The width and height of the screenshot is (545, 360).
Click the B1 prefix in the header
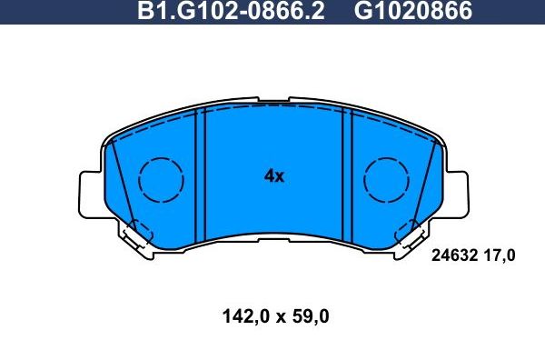(x=147, y=11)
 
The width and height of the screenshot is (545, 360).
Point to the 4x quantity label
(x=273, y=176)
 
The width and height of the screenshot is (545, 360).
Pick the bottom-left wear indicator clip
(x=137, y=237)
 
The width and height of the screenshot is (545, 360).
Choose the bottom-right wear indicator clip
(x=410, y=237)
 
